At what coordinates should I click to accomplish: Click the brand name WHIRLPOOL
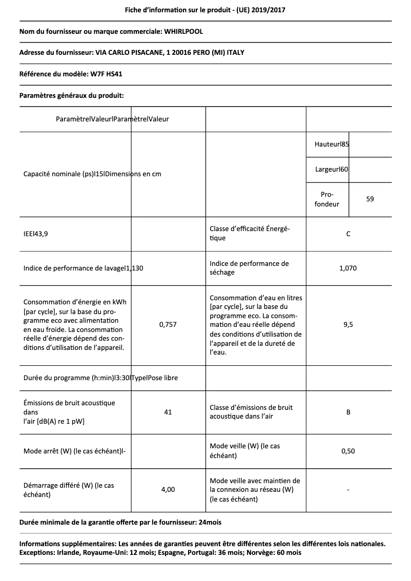(183, 31)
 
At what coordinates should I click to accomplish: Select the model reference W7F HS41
(106, 74)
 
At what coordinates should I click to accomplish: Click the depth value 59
(370, 199)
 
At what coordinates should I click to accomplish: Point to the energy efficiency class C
(348, 234)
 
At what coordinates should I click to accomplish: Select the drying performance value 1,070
(348, 268)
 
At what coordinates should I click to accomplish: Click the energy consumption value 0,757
(168, 324)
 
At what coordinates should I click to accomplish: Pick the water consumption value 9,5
(348, 324)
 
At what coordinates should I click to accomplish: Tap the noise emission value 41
(168, 412)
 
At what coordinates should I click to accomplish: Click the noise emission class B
(348, 412)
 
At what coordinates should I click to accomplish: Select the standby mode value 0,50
(348, 451)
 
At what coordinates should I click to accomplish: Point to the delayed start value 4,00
(168, 489)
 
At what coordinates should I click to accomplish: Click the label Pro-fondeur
(327, 199)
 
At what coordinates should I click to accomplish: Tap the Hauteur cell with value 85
(332, 144)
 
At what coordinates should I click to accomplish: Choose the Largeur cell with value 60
(332, 169)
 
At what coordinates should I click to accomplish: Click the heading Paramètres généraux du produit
(71, 95)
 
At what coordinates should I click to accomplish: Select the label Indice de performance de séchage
(249, 268)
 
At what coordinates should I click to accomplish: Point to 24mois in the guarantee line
(210, 522)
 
